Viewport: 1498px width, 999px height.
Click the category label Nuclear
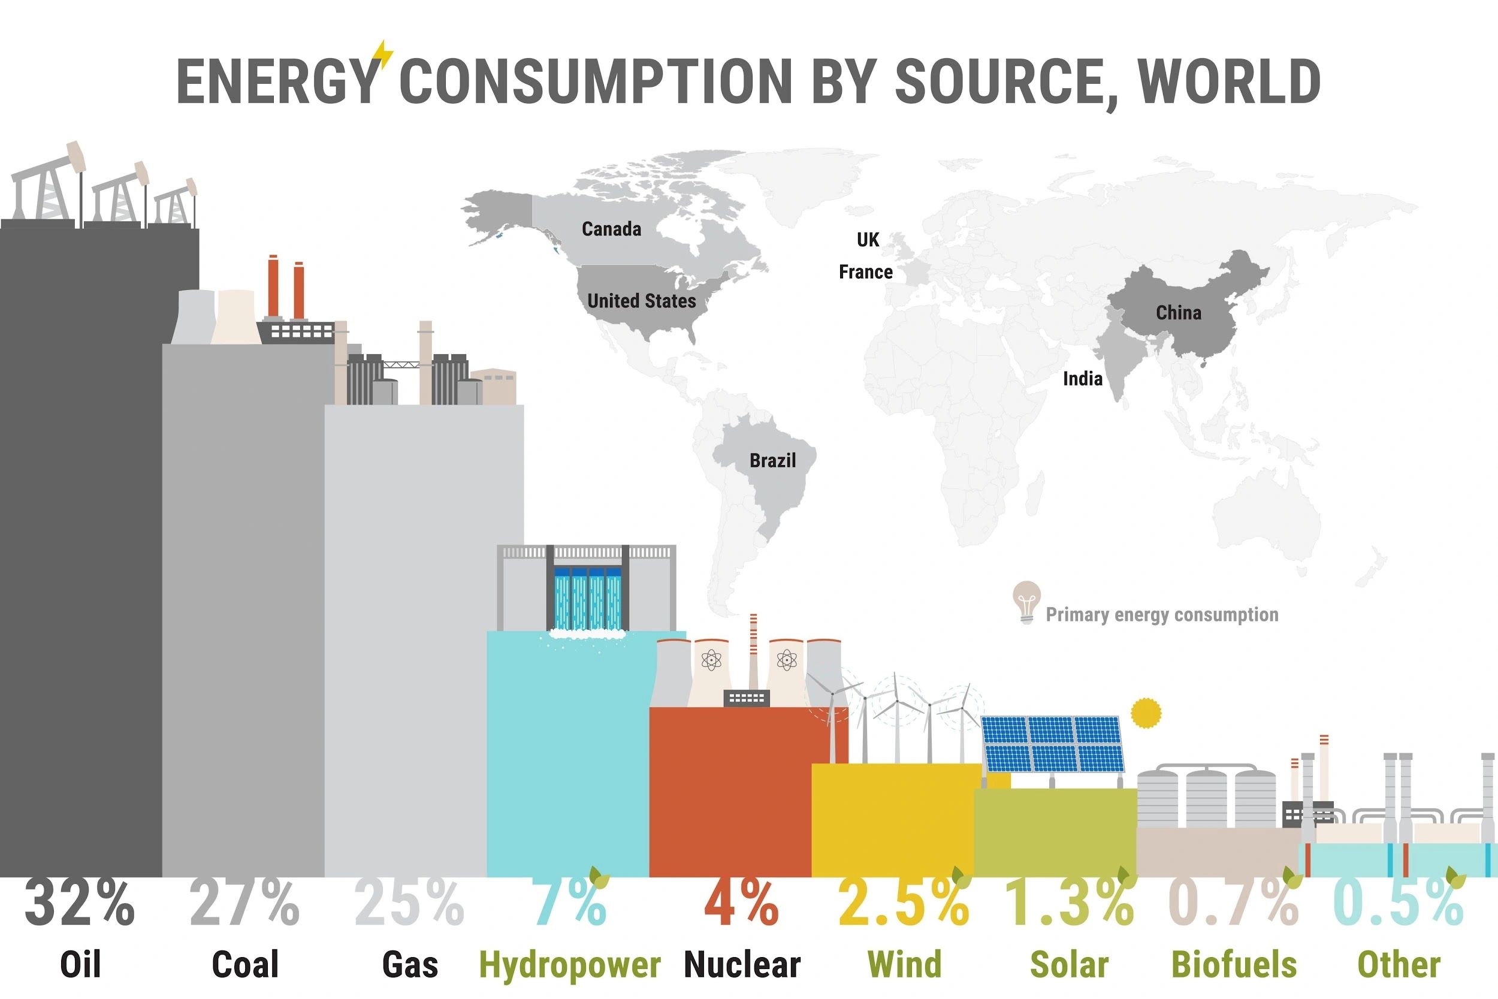click(x=742, y=965)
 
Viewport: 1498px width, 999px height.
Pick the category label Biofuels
click(x=1234, y=965)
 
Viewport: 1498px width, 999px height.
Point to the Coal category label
click(x=245, y=965)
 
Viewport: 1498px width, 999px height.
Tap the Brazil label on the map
click(x=772, y=460)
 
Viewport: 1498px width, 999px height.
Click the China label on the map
click(x=1178, y=313)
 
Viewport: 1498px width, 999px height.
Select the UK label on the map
click(x=868, y=240)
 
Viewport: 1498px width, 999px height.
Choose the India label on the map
click(x=1082, y=379)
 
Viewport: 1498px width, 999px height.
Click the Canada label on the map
click(x=611, y=229)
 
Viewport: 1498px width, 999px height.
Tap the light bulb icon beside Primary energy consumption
click(x=1026, y=602)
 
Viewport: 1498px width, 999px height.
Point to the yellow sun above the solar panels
click(x=1146, y=713)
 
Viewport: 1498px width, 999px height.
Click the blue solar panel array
click(x=1052, y=744)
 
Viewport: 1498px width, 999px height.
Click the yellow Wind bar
click(x=892, y=820)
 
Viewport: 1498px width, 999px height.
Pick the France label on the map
click(x=866, y=272)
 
